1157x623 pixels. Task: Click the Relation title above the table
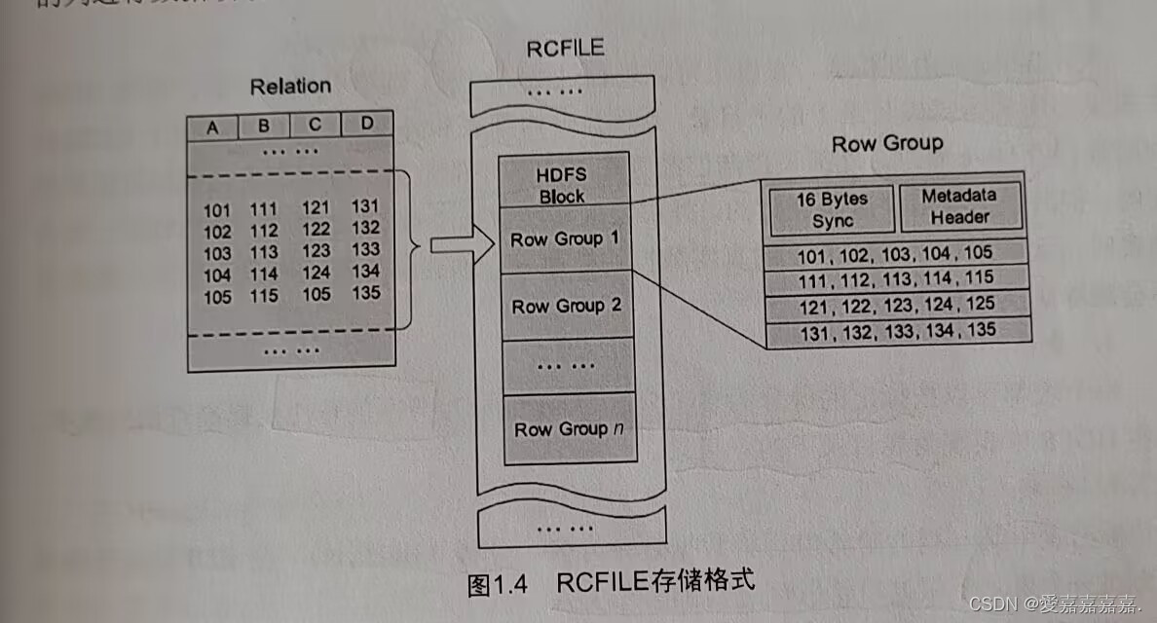(x=290, y=86)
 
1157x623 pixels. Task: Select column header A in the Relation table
(x=212, y=127)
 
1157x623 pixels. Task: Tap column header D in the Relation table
(x=366, y=124)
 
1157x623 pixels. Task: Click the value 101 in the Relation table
(x=217, y=209)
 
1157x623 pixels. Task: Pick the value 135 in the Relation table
(x=366, y=293)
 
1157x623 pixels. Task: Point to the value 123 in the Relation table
(x=316, y=250)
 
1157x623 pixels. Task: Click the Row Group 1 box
(x=564, y=238)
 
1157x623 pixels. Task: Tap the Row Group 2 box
(x=567, y=306)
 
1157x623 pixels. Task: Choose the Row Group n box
(x=569, y=428)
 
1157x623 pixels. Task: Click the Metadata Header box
(x=959, y=205)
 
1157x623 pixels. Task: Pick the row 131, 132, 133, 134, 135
(x=898, y=331)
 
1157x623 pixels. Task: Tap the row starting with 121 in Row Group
(x=896, y=305)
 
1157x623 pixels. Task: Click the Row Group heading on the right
(x=887, y=144)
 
